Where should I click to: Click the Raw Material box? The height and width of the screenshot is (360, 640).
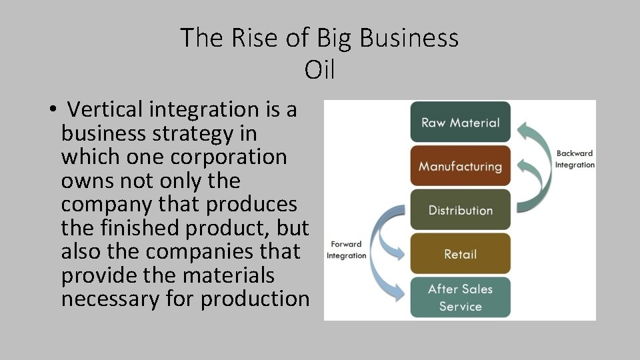click(460, 122)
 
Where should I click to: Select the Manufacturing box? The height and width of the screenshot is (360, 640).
click(460, 166)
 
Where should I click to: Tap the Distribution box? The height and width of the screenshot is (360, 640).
click(460, 210)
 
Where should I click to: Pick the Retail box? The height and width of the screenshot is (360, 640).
click(460, 254)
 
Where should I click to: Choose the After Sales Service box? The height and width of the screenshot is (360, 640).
click(460, 297)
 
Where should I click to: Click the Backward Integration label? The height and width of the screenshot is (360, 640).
click(574, 159)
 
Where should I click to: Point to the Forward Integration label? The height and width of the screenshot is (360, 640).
click(346, 250)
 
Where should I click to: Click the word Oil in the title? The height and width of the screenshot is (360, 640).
click(319, 69)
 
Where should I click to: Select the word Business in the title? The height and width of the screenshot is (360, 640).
click(409, 38)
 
